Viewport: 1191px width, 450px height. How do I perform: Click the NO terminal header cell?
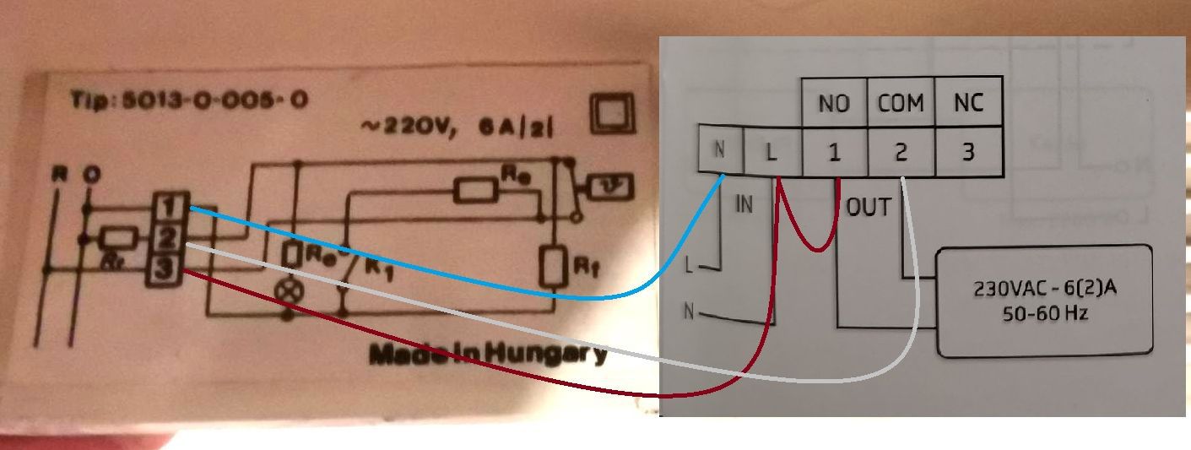(x=834, y=103)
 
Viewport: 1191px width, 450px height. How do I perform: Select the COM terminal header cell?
(x=901, y=103)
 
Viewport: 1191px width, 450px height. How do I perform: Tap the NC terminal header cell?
(x=968, y=103)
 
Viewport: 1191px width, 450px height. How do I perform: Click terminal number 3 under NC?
(x=968, y=152)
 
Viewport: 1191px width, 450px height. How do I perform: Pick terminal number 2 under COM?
(x=901, y=152)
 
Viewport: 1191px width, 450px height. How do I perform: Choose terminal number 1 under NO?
(x=834, y=152)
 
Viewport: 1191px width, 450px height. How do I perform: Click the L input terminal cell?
(x=770, y=153)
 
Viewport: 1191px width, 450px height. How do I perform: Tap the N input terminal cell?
(x=720, y=150)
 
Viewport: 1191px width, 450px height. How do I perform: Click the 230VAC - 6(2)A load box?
(x=1045, y=300)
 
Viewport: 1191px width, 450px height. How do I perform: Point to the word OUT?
(x=869, y=208)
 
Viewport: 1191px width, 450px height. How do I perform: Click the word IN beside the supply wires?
(x=744, y=204)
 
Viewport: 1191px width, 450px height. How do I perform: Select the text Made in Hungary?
(x=488, y=353)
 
